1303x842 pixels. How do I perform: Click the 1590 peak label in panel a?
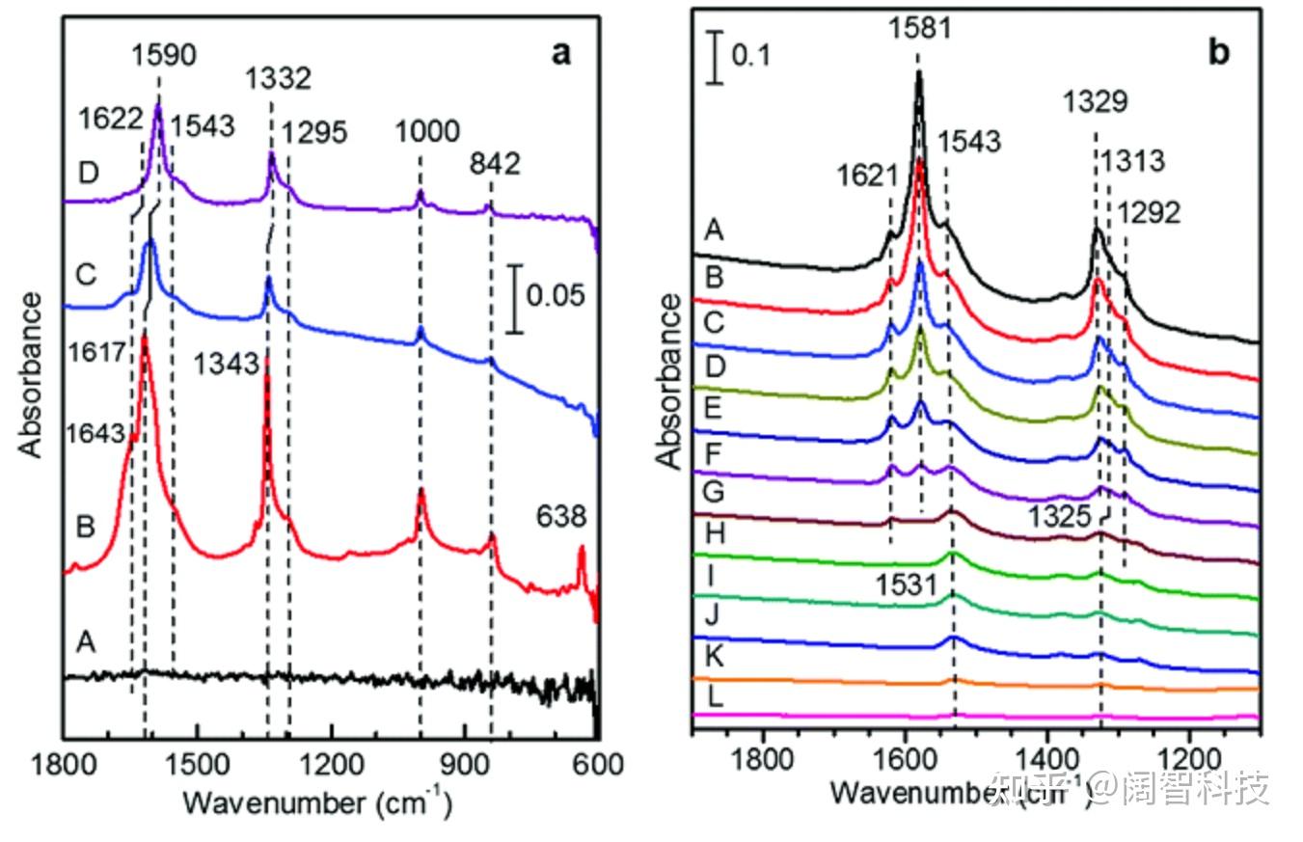(163, 54)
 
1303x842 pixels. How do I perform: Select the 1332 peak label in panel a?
(277, 78)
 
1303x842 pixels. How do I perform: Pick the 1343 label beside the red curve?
(226, 364)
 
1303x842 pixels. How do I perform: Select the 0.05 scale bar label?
(555, 294)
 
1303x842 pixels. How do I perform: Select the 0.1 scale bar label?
(751, 55)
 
